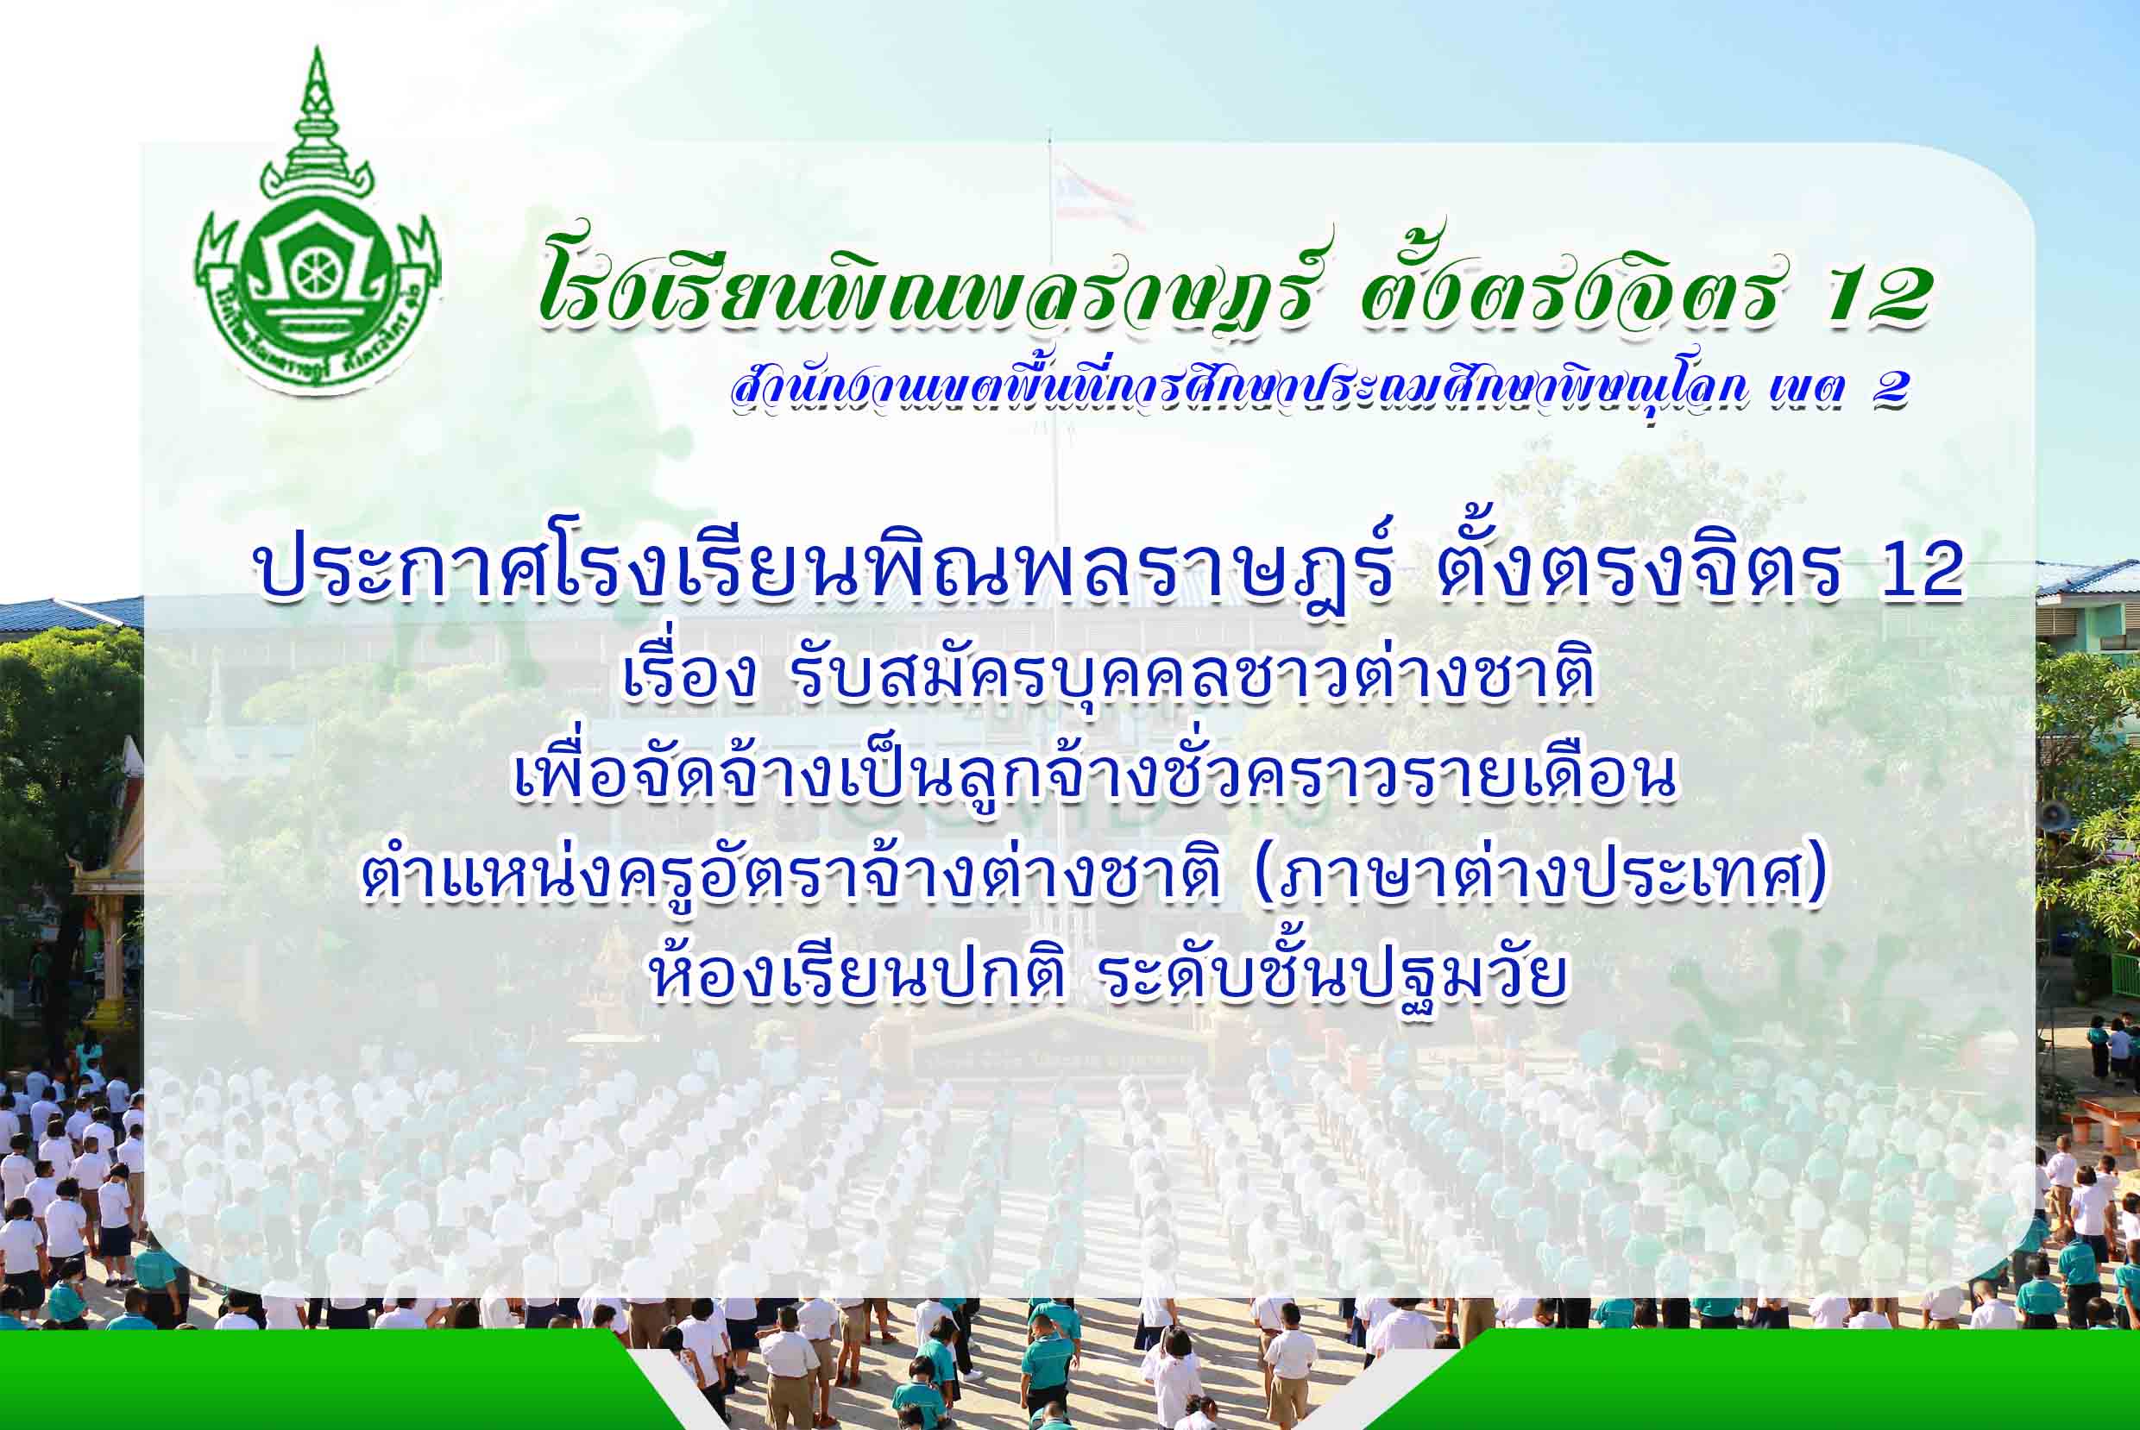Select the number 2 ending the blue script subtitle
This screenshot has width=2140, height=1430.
(x=1889, y=390)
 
